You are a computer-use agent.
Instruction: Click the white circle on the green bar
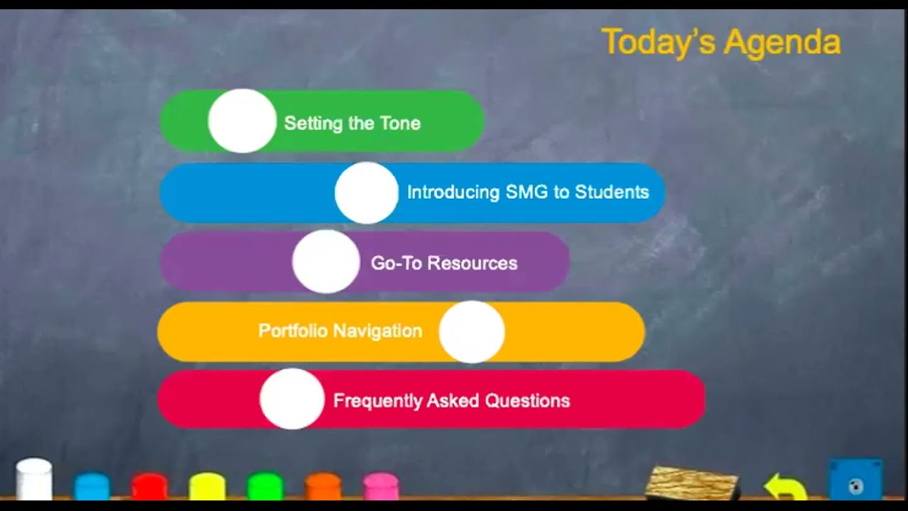pos(242,121)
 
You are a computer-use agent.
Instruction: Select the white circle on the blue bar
pos(367,193)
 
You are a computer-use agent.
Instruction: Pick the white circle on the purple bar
pos(326,262)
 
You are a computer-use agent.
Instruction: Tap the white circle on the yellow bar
pos(472,331)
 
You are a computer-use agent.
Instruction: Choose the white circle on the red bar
pos(292,399)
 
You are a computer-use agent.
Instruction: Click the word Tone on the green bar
pos(400,123)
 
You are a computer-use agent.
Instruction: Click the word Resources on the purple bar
pos(472,263)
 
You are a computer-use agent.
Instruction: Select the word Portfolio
pos(293,331)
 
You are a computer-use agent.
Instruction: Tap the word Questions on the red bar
pos(527,401)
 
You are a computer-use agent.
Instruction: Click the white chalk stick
pos(34,479)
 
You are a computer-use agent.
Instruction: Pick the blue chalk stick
pos(92,486)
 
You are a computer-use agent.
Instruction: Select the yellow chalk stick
pos(207,486)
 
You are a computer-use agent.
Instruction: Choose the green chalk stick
pos(265,486)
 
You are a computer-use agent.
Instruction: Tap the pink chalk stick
pos(381,486)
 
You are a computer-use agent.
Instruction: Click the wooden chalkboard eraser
pos(692,483)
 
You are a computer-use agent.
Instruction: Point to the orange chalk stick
pos(323,486)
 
